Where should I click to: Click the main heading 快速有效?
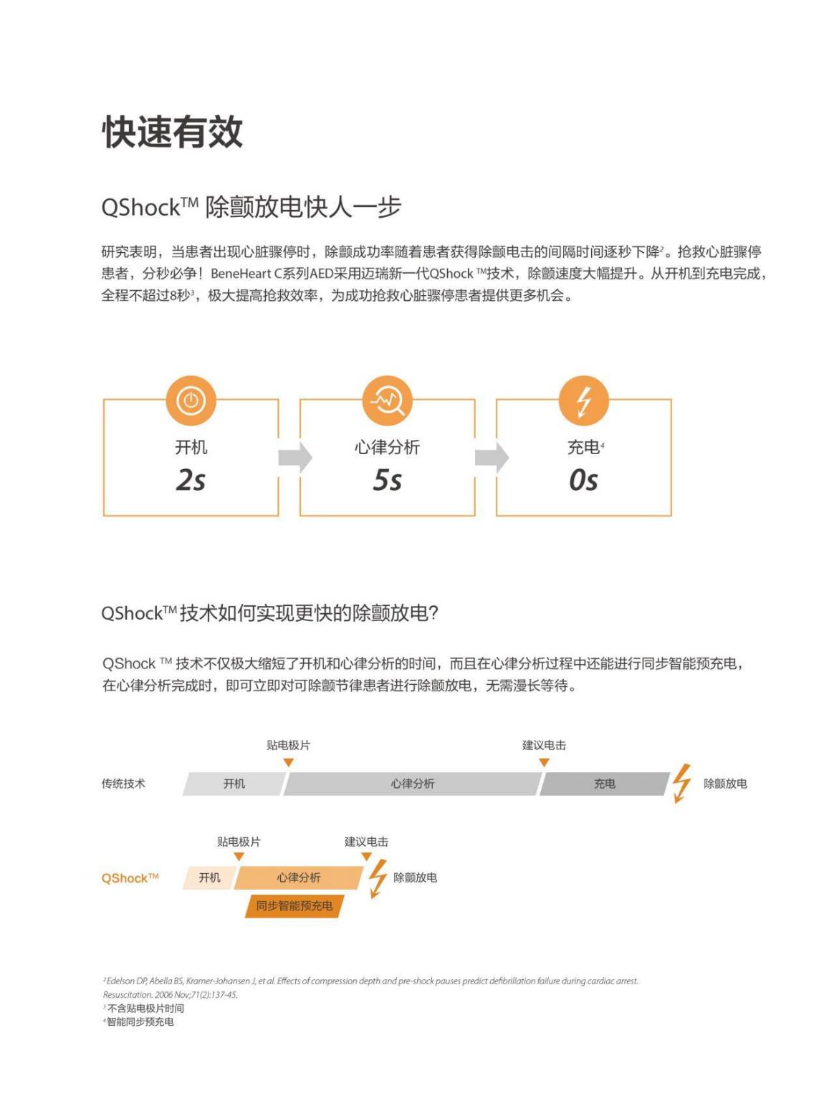coord(173,132)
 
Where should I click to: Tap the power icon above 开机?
coord(191,400)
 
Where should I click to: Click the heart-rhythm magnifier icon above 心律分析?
coord(387,400)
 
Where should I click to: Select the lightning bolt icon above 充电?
coord(584,400)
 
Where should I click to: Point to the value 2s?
coord(191,480)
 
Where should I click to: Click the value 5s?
coord(387,480)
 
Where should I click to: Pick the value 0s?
coord(583,480)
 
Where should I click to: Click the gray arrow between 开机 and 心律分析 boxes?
coord(295,458)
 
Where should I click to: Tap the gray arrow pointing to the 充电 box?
coord(492,458)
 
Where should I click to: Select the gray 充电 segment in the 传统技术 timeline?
coord(604,784)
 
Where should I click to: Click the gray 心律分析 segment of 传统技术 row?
coord(412,784)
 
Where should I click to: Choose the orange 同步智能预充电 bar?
coord(294,905)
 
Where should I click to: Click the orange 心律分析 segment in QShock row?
coord(299,877)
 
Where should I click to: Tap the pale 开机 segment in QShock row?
coord(209,877)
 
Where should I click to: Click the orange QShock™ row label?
coord(130,878)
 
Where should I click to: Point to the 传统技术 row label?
coord(123,784)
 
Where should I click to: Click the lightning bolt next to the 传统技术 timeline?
coord(681,783)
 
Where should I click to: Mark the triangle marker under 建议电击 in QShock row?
coord(366,857)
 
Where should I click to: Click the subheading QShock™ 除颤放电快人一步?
coord(251,207)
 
